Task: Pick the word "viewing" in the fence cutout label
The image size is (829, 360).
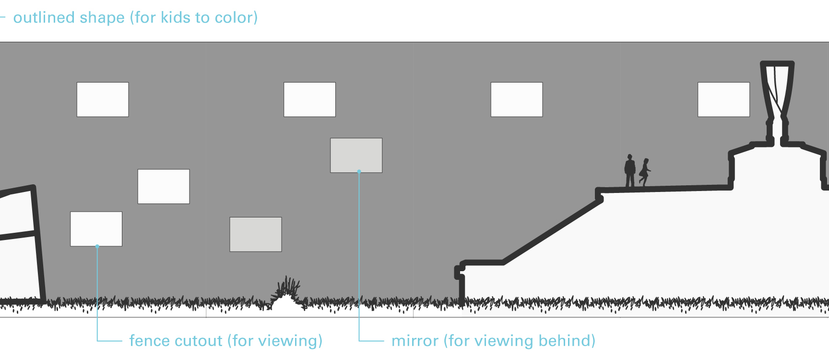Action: pos(287,341)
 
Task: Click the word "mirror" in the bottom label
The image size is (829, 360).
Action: pos(415,341)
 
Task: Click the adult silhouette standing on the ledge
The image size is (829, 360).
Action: pos(630,171)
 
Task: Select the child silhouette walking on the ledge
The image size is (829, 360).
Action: pos(645,172)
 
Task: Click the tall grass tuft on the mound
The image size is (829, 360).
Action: pos(288,288)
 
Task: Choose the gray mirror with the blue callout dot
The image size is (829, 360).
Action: pos(356,156)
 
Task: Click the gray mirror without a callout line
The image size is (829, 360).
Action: pos(256,234)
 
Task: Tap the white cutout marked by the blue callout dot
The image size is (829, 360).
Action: pos(96,229)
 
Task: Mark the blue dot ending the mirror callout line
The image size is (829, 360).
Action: pos(359,171)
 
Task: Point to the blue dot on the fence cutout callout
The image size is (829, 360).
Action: pos(97,246)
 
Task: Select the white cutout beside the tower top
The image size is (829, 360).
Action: pos(723,99)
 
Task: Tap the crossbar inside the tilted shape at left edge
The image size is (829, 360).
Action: pos(18,235)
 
